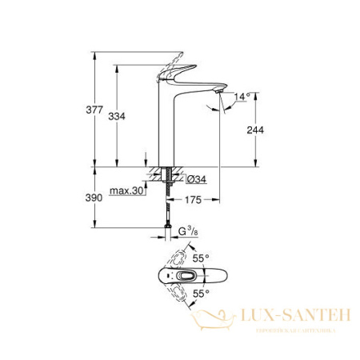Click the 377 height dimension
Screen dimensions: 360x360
[x=95, y=110]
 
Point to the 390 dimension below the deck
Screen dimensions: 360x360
[x=94, y=197]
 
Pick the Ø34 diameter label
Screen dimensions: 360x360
[x=197, y=178]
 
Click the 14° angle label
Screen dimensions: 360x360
[x=242, y=97]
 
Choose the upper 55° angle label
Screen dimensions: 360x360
[x=200, y=259]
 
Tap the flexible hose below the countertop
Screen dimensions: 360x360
[x=169, y=206]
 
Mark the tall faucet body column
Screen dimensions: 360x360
[x=169, y=128]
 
